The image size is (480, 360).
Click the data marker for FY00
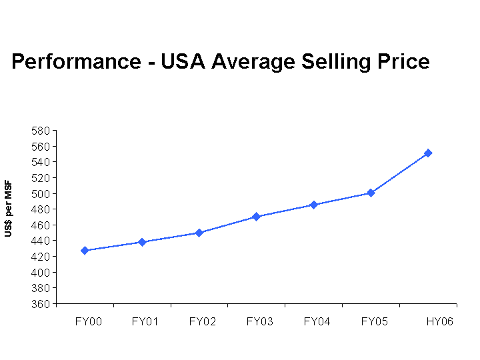(x=85, y=251)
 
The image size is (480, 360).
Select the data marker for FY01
(x=142, y=242)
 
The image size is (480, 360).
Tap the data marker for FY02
(x=199, y=233)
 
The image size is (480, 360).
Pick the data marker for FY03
(x=256, y=217)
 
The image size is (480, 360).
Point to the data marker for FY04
(x=313, y=205)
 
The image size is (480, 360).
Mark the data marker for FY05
(x=371, y=193)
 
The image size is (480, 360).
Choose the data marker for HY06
(x=428, y=153)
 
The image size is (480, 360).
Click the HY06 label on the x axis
(x=440, y=321)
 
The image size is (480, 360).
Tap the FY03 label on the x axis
(x=259, y=321)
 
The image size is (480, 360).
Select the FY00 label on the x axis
(x=89, y=321)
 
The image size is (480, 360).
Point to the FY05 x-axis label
(x=374, y=321)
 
